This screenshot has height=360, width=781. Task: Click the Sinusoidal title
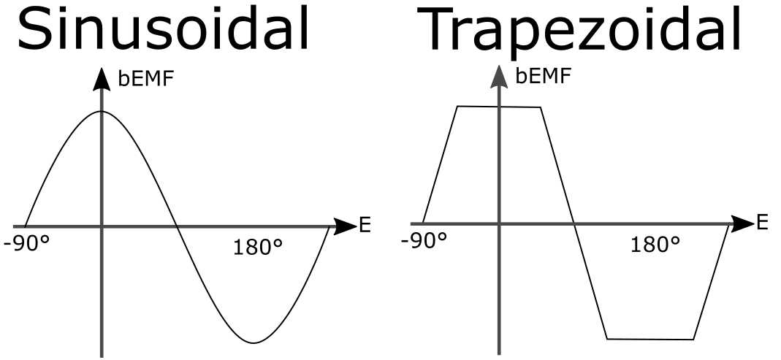click(x=164, y=31)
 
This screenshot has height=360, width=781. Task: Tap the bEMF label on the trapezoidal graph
click(x=544, y=75)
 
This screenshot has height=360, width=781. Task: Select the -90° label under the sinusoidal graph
click(x=27, y=244)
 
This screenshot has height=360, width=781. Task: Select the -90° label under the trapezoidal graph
click(x=424, y=240)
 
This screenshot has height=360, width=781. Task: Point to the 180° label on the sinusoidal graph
click(x=259, y=248)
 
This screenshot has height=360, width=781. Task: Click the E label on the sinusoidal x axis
click(x=365, y=226)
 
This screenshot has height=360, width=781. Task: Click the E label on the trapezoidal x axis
click(x=762, y=222)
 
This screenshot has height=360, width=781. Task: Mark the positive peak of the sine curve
click(x=102, y=111)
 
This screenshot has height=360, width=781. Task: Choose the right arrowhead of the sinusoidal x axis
click(x=346, y=227)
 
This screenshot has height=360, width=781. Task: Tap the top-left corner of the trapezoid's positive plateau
click(x=457, y=107)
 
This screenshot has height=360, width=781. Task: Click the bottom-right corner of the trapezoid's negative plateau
click(x=693, y=340)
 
